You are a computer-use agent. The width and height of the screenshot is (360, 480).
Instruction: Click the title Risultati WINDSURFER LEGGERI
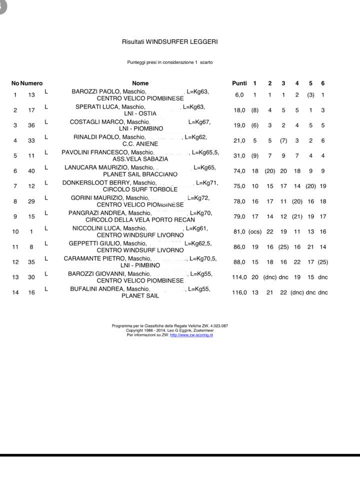[x=169, y=42]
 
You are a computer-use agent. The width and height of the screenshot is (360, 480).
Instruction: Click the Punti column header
[x=239, y=83]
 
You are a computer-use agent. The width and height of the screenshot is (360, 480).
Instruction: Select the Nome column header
[x=140, y=83]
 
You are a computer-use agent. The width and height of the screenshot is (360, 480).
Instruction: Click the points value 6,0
[x=239, y=95]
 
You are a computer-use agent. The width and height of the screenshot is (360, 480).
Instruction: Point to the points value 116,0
[x=239, y=292]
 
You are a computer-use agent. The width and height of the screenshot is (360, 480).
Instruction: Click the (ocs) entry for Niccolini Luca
[x=255, y=231]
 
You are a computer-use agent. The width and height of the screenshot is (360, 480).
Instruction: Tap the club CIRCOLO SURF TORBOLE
[x=140, y=189]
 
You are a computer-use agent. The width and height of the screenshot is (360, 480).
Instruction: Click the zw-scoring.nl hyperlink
[x=191, y=335]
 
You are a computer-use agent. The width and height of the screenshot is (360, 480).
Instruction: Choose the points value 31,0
[x=239, y=156]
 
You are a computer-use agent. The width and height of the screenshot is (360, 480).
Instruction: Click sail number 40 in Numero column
[x=31, y=171]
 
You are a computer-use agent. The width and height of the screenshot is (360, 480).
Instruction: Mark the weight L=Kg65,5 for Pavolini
[x=205, y=152]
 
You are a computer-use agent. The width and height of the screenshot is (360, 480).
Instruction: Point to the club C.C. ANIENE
[x=140, y=144]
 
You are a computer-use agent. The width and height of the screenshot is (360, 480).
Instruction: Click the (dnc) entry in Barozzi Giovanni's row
[x=270, y=277]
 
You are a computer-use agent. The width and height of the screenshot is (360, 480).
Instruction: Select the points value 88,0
[x=239, y=262]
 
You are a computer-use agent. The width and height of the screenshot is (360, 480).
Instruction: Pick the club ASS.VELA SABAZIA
[x=140, y=159]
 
